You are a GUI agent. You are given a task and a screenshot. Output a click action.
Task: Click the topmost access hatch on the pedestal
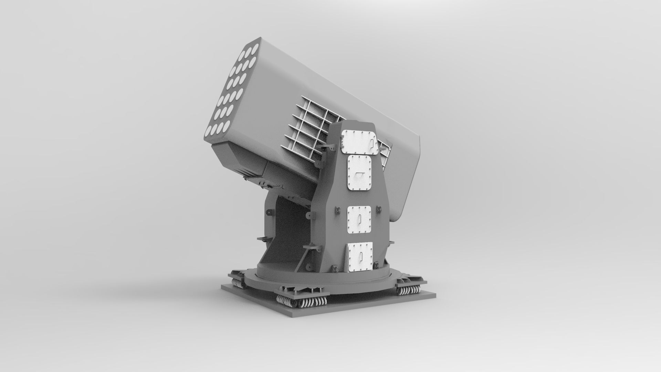[x=359, y=142]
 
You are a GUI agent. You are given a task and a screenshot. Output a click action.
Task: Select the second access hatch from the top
[x=360, y=173]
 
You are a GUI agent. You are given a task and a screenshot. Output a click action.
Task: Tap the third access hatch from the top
[x=359, y=219]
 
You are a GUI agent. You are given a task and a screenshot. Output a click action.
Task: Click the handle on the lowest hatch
[x=361, y=255]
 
